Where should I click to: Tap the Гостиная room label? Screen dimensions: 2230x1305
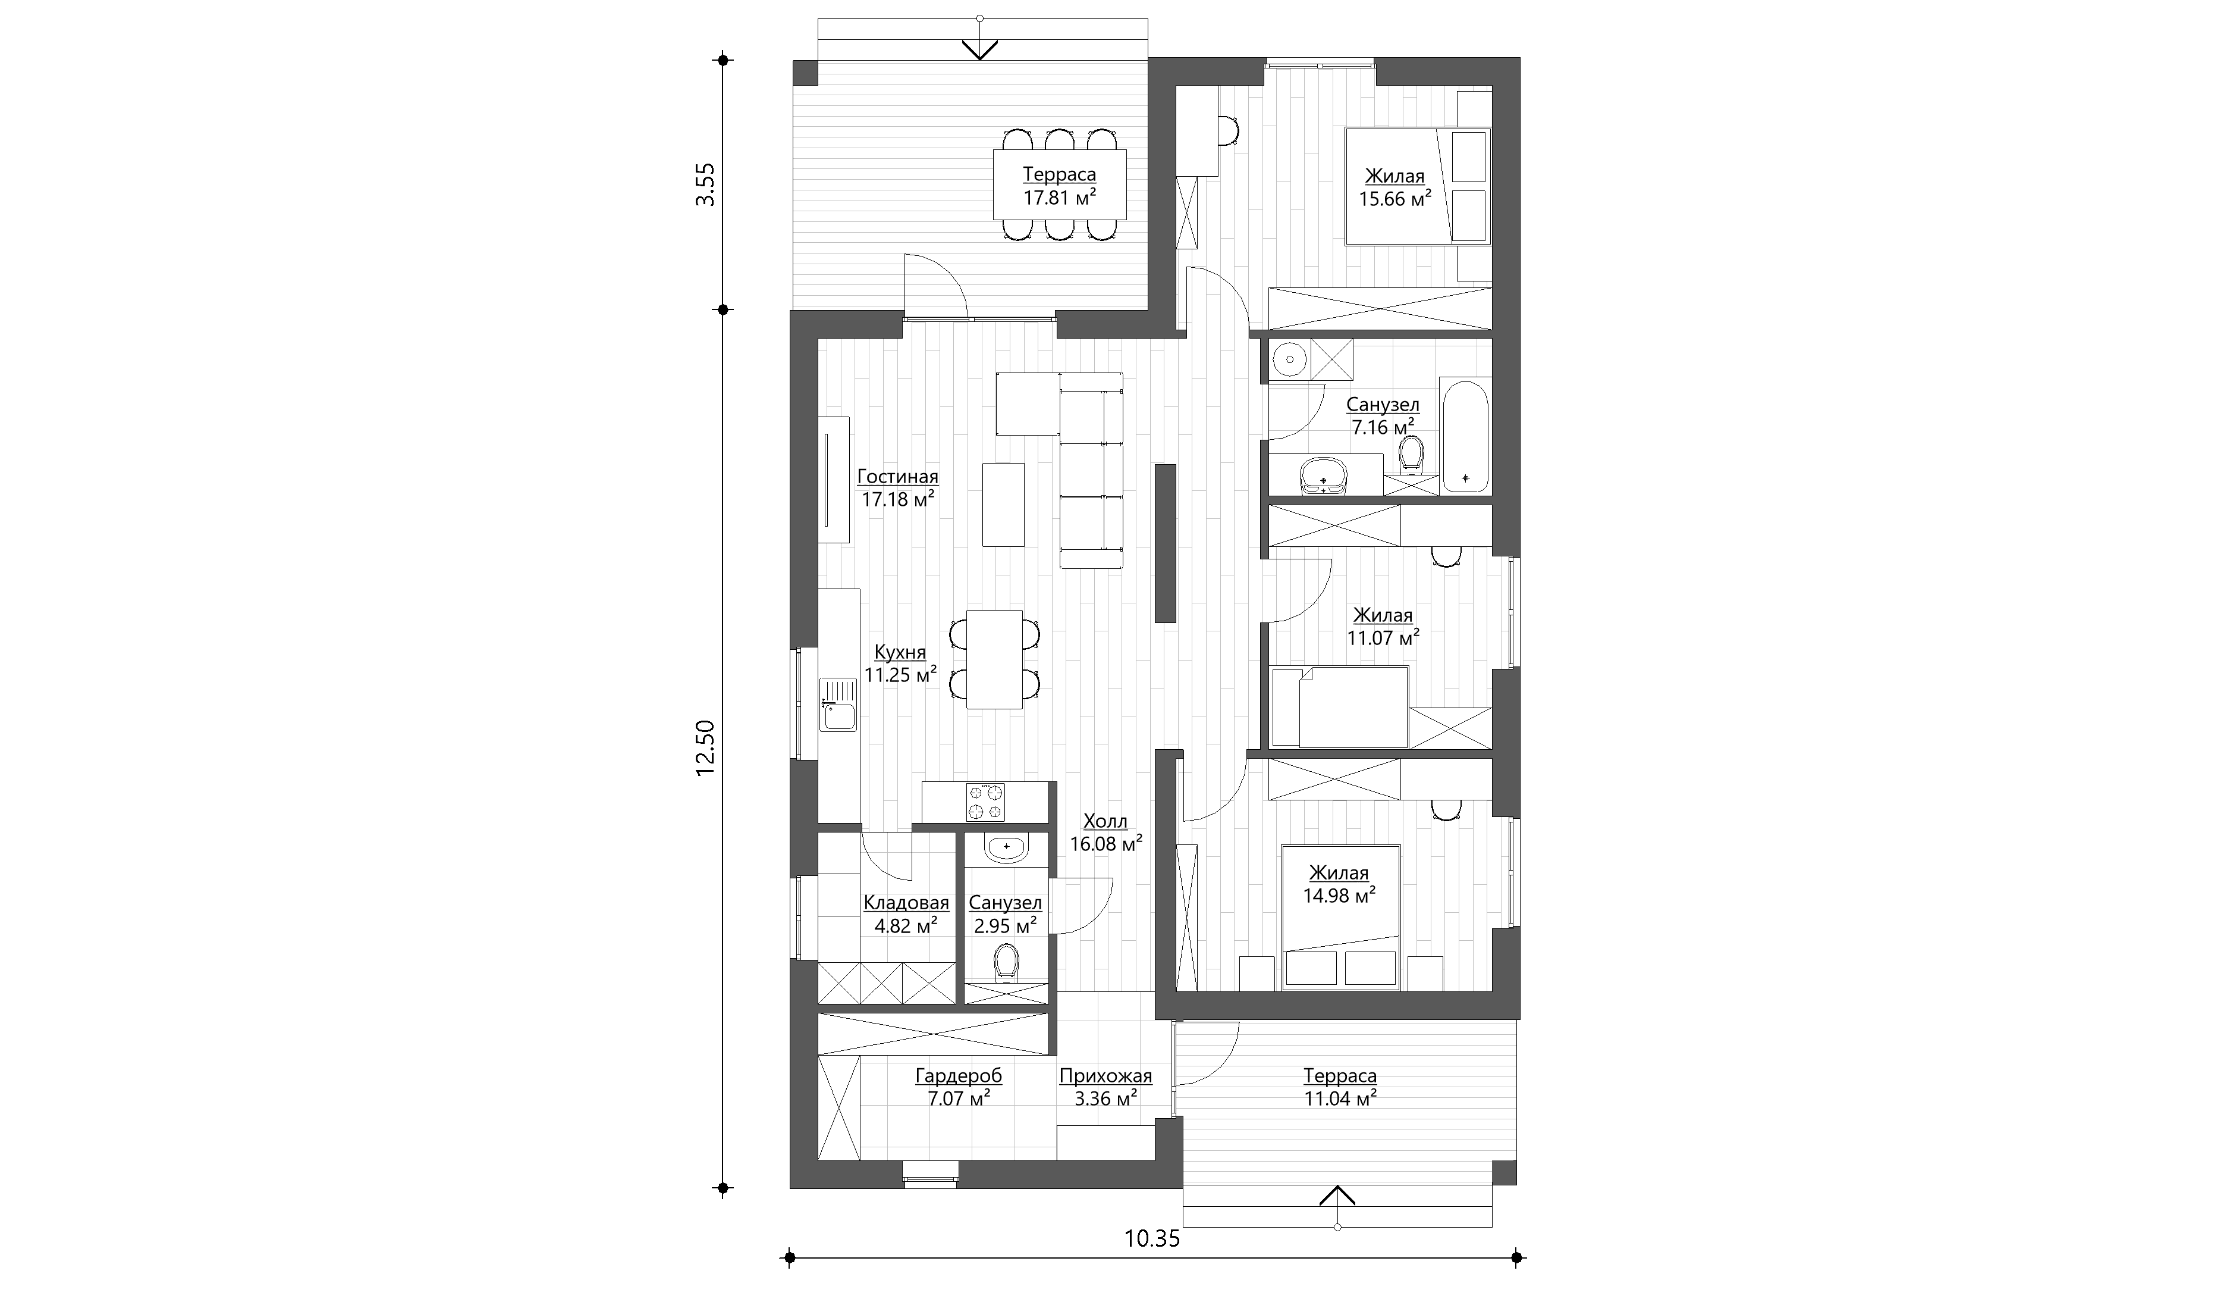coord(897,476)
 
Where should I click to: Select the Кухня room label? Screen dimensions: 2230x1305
coord(900,652)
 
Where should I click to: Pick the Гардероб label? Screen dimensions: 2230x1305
coord(959,1076)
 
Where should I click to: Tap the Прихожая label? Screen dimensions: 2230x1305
coord(1105,1076)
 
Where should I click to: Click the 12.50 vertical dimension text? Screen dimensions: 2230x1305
coord(705,748)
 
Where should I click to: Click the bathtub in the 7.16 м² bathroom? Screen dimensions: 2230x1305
coord(1465,436)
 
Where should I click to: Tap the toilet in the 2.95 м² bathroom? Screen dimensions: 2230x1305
coord(1006,963)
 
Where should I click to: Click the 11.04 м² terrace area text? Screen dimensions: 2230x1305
coord(1340,1099)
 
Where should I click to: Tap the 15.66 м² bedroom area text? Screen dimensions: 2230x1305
coord(1394,198)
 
